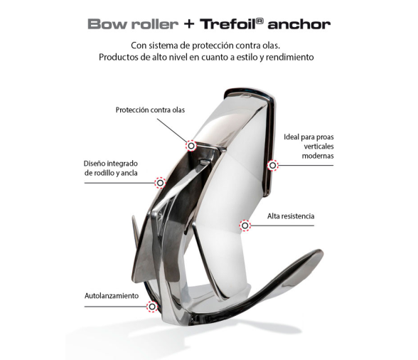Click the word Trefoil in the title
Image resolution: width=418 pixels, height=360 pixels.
pyautogui.click(x=228, y=24)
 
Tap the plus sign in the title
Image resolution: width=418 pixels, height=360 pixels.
pyautogui.click(x=189, y=24)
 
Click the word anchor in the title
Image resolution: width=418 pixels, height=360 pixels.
pyautogui.click(x=299, y=24)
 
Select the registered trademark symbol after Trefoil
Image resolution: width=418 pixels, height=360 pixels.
pyautogui.click(x=260, y=21)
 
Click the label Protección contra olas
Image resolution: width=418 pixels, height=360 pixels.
pyautogui.click(x=150, y=110)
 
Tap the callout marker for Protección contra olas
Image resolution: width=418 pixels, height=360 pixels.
pyautogui.click(x=191, y=146)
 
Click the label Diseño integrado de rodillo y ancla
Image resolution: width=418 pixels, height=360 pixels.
pyautogui.click(x=111, y=168)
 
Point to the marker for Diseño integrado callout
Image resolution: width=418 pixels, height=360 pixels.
pyautogui.click(x=160, y=183)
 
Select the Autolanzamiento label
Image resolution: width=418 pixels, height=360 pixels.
pyautogui.click(x=112, y=296)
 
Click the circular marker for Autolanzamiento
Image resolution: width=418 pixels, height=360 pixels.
pyautogui.click(x=152, y=307)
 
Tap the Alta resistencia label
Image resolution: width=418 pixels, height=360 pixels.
pyautogui.click(x=291, y=216)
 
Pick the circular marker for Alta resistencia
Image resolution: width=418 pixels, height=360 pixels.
pyautogui.click(x=245, y=226)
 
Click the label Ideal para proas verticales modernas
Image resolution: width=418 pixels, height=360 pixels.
pyautogui.click(x=309, y=147)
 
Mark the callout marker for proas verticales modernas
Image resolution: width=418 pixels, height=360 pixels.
pyautogui.click(x=272, y=166)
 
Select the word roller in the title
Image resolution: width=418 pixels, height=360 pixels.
pyautogui.click(x=155, y=24)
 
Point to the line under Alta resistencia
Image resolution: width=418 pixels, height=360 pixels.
pyautogui.click(x=282, y=226)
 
